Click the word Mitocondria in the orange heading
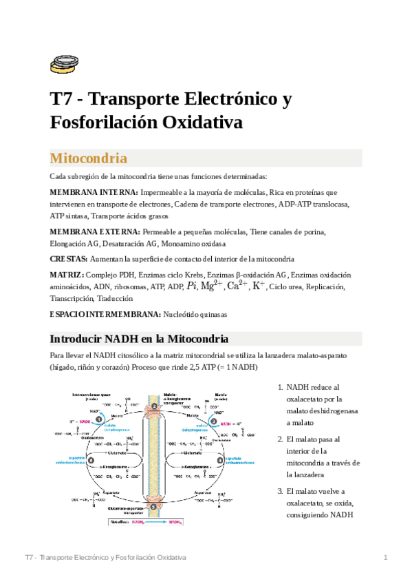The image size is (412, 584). point(89,158)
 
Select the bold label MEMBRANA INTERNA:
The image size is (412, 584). point(94,192)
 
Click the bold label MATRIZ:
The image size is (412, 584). point(67,275)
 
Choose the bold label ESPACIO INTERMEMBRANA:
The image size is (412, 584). point(105,314)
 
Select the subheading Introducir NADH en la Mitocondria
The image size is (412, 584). point(140,339)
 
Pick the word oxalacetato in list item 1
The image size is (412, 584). point(309,399)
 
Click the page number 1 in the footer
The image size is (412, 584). point(386,556)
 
